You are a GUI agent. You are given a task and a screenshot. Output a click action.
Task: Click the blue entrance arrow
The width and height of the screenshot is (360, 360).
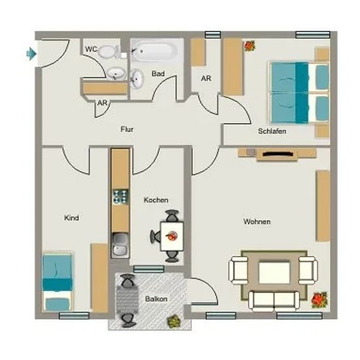coord(31,54)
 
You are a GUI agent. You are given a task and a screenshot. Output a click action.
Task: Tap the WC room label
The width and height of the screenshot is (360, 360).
coord(91,49)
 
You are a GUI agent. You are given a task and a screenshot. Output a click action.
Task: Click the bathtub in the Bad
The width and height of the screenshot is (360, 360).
coord(155,50)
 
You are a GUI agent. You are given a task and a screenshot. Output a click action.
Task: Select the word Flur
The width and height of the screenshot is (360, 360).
coord(127,129)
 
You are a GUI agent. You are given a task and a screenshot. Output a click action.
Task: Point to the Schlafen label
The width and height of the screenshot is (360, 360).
coord(272,131)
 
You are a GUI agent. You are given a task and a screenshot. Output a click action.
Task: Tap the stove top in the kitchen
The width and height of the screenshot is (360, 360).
coord(120,197)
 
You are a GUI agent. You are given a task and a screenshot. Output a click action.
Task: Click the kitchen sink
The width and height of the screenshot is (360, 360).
coord(120,245)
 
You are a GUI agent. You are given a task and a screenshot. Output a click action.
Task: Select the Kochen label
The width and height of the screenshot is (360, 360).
coord(156,200)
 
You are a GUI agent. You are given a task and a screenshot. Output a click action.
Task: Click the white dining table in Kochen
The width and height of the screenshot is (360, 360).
coord(172,236)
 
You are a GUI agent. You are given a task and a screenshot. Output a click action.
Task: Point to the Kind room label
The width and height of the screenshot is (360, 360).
coord(71,218)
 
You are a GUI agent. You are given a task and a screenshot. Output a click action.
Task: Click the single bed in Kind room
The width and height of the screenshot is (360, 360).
coord(57,282)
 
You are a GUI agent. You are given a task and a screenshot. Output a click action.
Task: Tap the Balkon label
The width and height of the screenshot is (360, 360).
coord(156,299)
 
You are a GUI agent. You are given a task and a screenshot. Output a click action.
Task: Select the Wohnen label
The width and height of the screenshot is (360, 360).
coord(257,221)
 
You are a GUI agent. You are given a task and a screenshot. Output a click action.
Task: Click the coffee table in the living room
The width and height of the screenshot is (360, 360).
coord(274,273)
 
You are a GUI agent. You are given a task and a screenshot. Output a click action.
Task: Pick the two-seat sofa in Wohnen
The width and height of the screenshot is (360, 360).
coord(274,301)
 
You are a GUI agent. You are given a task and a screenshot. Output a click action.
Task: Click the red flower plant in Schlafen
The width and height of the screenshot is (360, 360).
coord(249,46)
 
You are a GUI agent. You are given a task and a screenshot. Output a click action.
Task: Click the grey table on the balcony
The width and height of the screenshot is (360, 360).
coord(128,300)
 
